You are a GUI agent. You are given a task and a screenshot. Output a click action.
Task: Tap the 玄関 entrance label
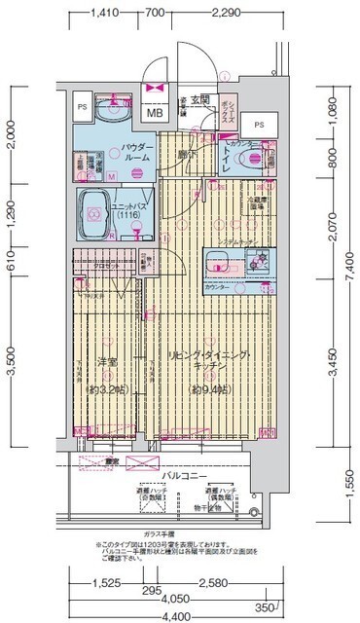coord(199,99)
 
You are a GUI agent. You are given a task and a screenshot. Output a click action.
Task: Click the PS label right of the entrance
coord(258,125)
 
